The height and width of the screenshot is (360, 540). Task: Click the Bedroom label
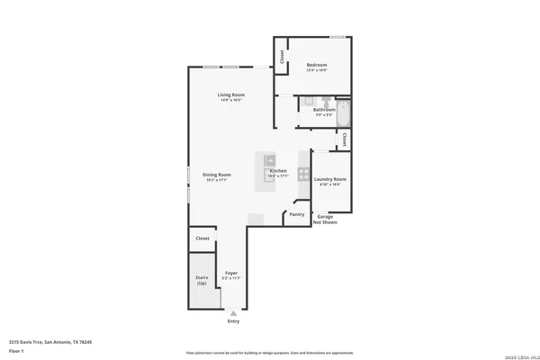click(316, 66)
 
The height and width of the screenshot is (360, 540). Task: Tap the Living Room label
click(230, 96)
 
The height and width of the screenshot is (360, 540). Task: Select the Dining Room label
click(216, 176)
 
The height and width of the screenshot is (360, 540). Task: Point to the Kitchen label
click(278, 171)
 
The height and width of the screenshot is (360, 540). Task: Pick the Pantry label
click(296, 215)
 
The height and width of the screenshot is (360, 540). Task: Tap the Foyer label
click(231, 273)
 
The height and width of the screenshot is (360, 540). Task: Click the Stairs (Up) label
click(202, 280)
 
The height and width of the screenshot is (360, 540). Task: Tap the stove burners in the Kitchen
click(304, 175)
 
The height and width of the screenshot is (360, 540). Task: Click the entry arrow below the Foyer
click(233, 312)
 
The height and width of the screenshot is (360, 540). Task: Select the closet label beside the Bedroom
click(283, 56)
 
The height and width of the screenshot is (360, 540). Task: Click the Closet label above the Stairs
click(202, 238)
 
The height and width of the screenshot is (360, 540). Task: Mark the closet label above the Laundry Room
click(345, 139)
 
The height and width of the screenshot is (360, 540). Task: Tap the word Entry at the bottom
click(233, 320)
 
